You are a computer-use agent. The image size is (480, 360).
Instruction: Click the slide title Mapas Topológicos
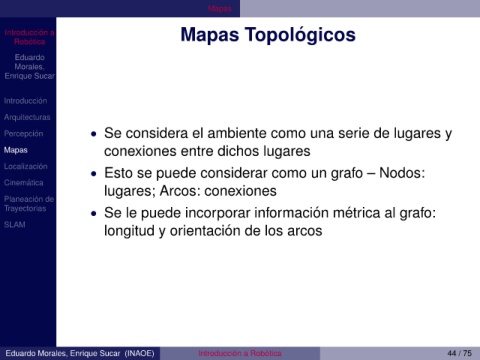tap(268, 35)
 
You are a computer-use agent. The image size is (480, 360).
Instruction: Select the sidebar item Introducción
tap(25, 101)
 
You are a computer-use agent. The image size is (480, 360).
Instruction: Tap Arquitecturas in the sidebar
tap(27, 117)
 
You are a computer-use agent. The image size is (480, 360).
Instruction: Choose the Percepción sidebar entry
tap(23, 134)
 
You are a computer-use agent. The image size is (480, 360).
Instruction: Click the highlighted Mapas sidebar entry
tap(16, 150)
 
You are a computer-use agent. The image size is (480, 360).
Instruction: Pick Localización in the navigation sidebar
tap(26, 166)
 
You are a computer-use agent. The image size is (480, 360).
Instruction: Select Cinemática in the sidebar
tap(24, 183)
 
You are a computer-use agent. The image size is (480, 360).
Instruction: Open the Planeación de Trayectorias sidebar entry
tap(29, 204)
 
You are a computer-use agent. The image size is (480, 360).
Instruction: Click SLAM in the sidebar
tap(15, 225)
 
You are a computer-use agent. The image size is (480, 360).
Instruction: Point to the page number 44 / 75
tap(460, 353)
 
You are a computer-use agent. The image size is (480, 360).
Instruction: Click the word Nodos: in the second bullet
tap(402, 173)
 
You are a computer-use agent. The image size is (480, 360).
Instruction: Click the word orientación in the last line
tap(205, 231)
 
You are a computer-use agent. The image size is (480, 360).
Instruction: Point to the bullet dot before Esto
tap(94, 174)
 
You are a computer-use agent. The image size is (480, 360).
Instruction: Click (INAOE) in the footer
tap(139, 353)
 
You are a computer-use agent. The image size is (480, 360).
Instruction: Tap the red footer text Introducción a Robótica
tap(240, 353)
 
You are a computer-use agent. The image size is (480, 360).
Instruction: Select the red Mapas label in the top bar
tap(220, 9)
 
